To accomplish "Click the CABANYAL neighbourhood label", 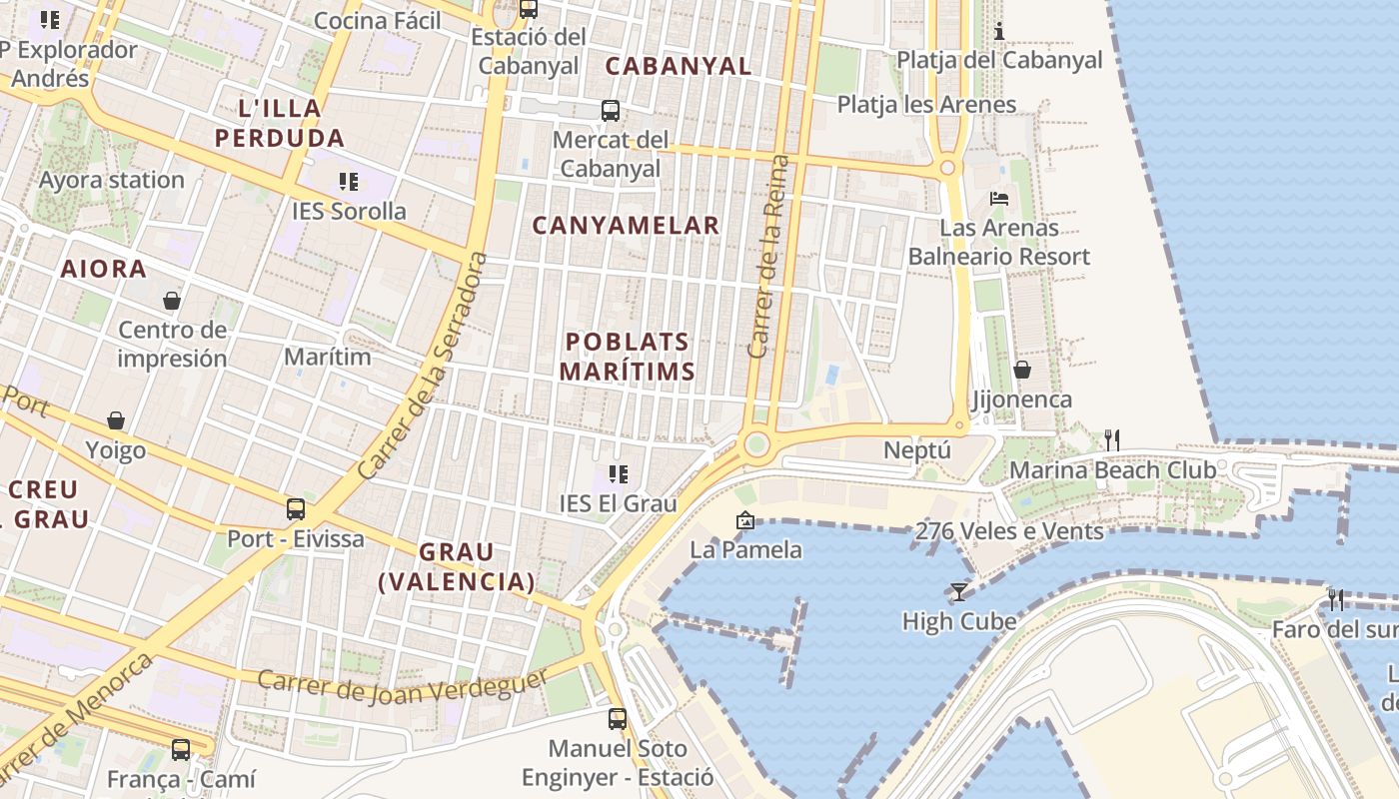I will coord(679,66).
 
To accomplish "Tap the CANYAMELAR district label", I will coord(626,226).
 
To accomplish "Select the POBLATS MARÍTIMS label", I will coord(627,357).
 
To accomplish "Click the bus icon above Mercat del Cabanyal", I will coord(610,111).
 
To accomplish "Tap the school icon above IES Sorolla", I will coord(348,182).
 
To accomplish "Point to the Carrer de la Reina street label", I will coord(767,257).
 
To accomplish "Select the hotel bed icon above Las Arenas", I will coord(998,199).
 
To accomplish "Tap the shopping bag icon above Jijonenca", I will coord(1021,371).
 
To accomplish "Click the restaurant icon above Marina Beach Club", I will coord(1111,439).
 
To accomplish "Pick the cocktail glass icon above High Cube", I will coord(958,592).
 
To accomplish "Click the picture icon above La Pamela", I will coord(744,520).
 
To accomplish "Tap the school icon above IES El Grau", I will coord(618,474).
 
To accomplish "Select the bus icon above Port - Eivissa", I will coord(296,508).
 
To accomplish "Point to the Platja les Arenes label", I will coord(926,104).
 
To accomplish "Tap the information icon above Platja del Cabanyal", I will coord(998,31).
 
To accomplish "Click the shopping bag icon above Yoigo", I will coord(116,421).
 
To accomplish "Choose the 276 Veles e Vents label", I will coord(1009,530).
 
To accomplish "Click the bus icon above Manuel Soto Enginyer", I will coord(618,718).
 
